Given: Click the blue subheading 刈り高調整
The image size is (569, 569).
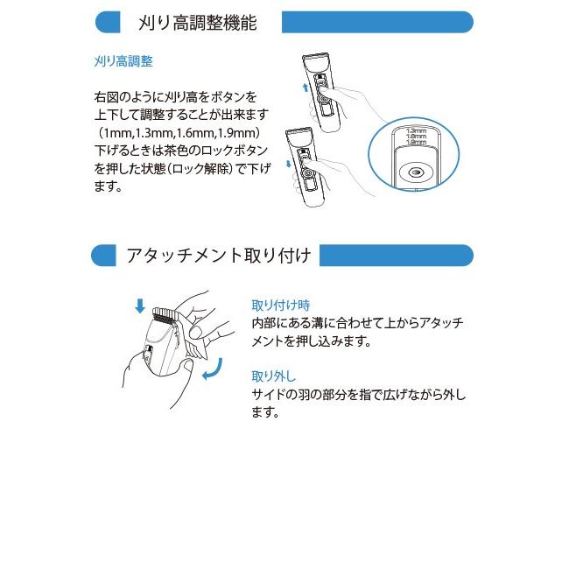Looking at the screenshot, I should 123,62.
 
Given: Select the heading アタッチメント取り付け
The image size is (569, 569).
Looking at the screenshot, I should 217,256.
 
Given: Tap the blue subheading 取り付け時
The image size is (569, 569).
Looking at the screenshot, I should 280,306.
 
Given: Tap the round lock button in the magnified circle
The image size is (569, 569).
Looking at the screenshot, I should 414,172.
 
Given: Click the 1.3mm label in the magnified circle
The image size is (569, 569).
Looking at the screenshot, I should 418,130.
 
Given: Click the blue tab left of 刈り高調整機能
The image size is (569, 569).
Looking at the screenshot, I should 106,22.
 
